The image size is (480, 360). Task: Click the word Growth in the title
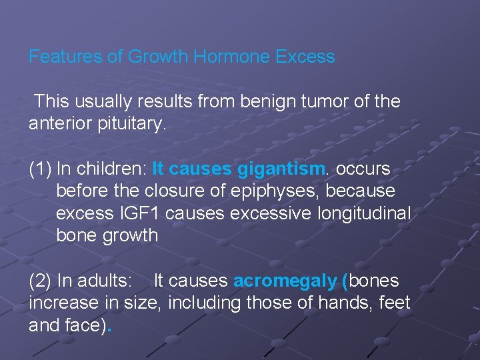click(158, 57)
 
